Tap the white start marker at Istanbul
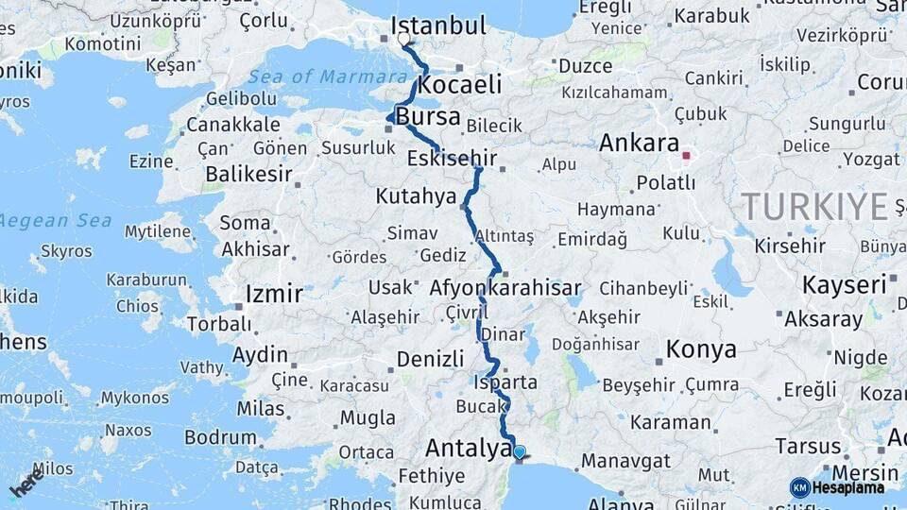[404, 40]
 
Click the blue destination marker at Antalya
[519, 451]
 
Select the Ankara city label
[640, 144]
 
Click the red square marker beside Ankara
[687, 156]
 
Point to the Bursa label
[428, 118]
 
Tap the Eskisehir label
[452, 158]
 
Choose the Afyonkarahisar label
[505, 287]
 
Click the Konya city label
[701, 349]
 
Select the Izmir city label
[274, 294]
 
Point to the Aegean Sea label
[56, 220]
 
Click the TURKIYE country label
[814, 206]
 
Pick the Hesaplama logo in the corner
[837, 487]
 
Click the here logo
[27, 485]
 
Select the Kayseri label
[845, 284]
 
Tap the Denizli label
[430, 359]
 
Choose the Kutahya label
[416, 196]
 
